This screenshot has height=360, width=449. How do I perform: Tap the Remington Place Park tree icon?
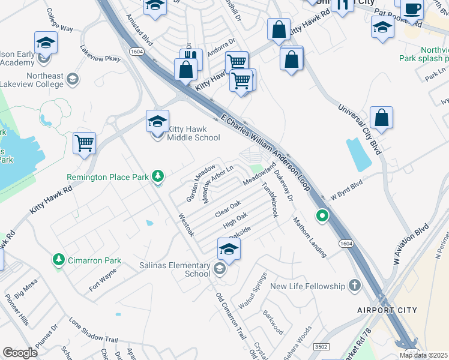[158, 176]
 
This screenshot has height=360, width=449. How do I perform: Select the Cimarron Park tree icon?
[59, 260]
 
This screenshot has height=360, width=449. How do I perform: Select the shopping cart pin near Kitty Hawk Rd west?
[85, 144]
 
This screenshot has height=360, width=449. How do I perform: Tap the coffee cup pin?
[412, 10]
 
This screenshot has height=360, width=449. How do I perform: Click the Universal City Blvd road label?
[360, 127]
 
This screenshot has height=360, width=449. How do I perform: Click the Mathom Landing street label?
[309, 237]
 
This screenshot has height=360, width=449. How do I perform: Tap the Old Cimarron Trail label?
[231, 314]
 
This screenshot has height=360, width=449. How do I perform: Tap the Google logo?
[20, 352]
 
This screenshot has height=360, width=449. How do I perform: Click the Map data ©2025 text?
[424, 355]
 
